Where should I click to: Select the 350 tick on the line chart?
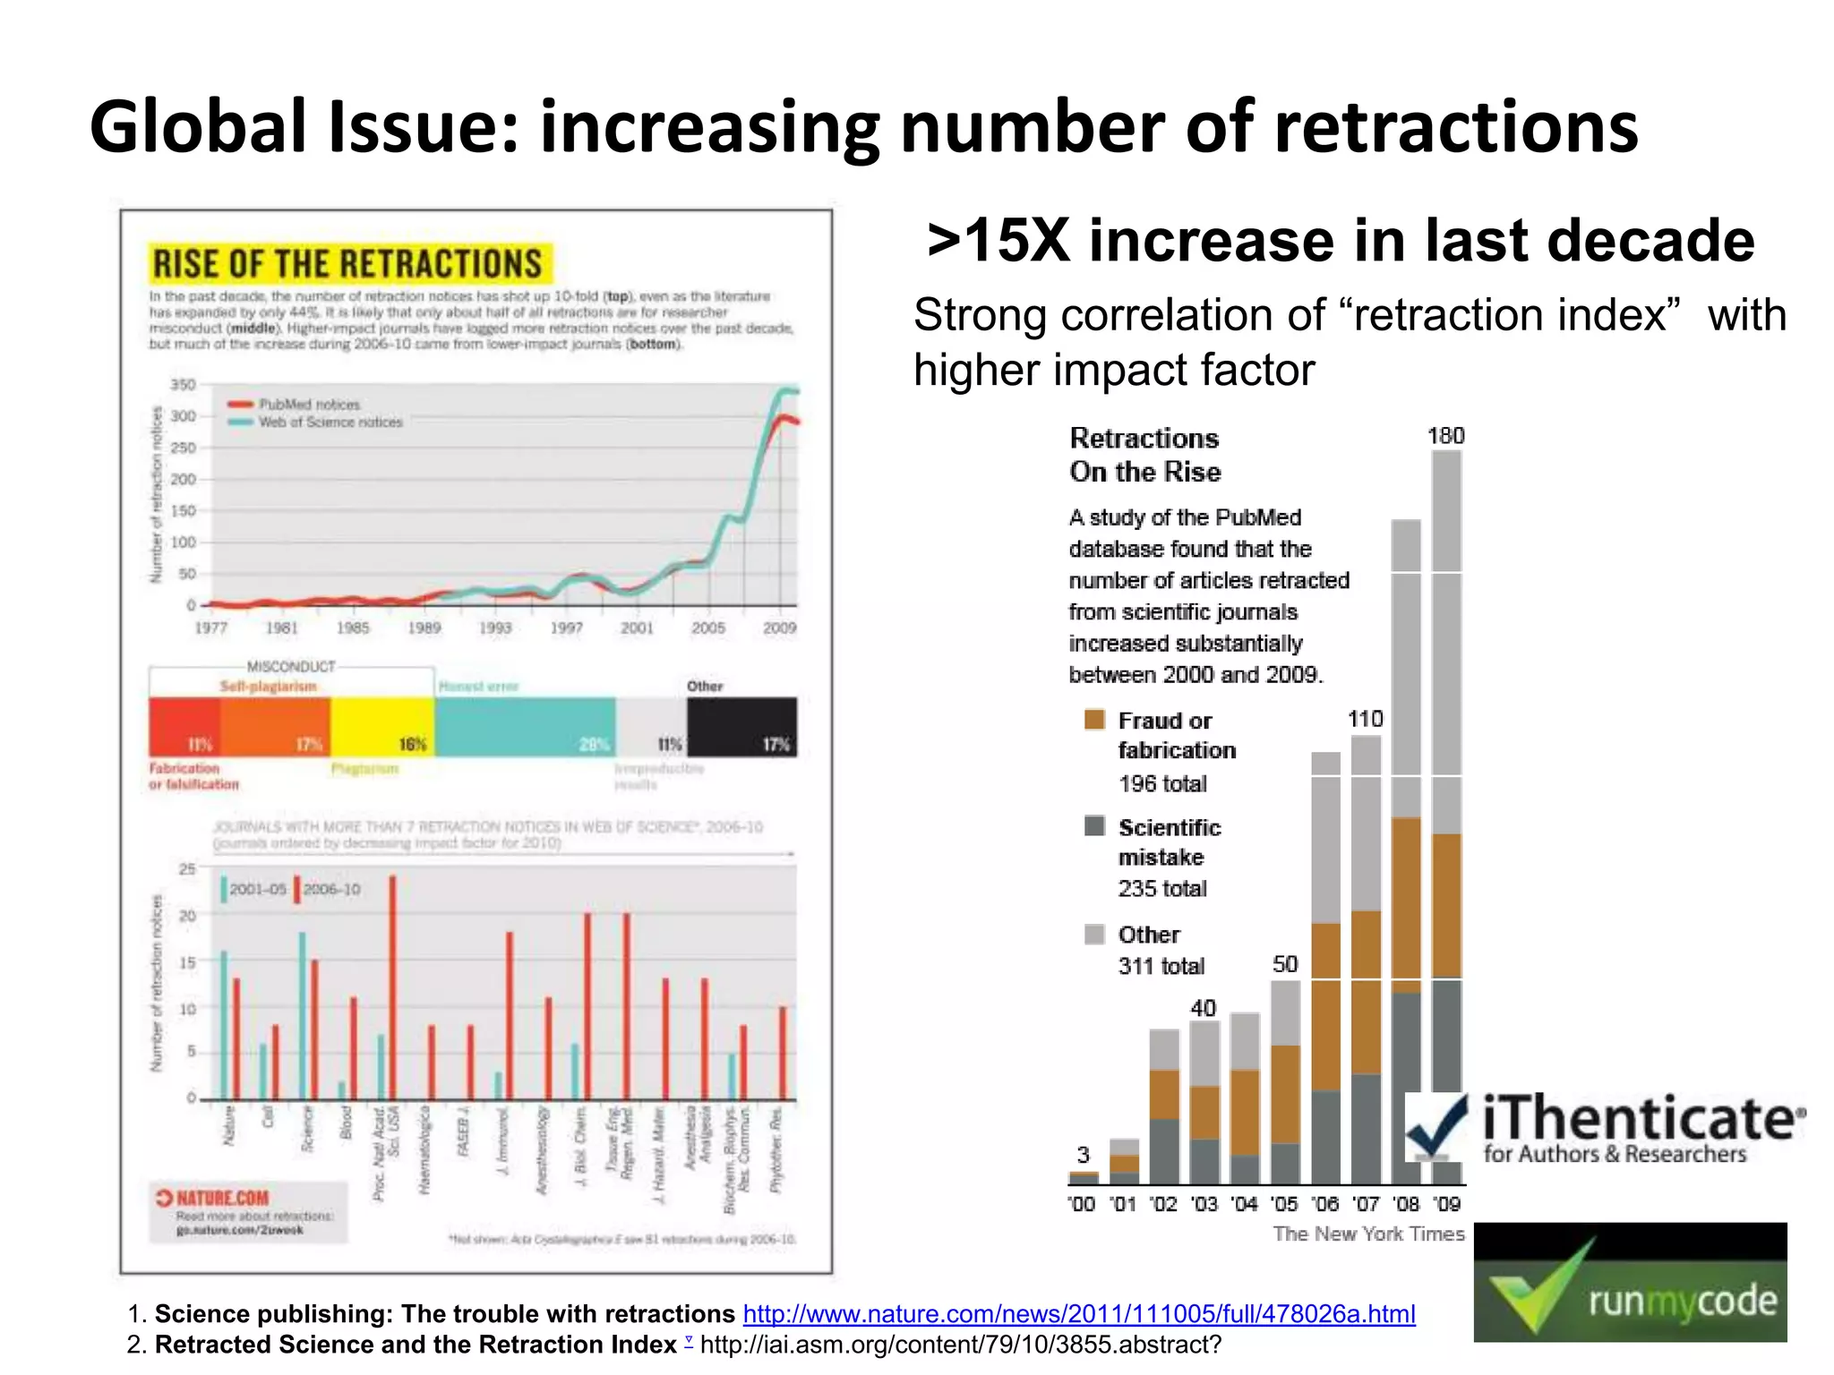tap(182, 385)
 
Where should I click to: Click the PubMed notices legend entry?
tap(308, 405)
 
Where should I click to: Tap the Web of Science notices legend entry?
tap(330, 423)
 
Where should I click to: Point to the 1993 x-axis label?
tap(494, 628)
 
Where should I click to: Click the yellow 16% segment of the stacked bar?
tap(382, 726)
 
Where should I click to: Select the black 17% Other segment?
tap(741, 726)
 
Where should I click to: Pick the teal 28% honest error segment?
tap(525, 726)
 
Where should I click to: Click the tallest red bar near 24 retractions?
tap(392, 985)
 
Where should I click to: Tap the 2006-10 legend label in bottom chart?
tap(331, 889)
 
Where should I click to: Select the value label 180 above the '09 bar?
tap(1445, 436)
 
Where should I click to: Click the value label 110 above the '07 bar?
tap(1365, 719)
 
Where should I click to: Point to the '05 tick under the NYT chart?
tap(1284, 1204)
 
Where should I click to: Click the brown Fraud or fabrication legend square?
tap(1094, 720)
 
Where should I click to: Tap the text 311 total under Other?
tap(1161, 966)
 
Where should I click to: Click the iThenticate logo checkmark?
tap(1436, 1128)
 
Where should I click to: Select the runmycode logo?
tap(1630, 1282)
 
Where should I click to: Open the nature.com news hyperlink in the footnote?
tap(1079, 1313)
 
